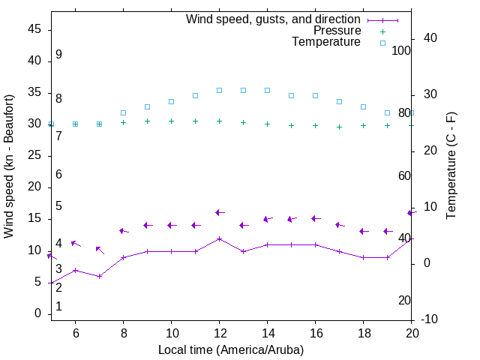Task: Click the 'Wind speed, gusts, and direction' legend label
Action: point(273,19)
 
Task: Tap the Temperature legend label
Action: point(326,42)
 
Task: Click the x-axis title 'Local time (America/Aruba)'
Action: point(231,349)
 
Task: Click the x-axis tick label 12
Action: point(219,333)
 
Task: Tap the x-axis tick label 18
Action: point(363,333)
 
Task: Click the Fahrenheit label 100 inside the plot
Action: point(401,51)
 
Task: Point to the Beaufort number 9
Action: point(58,55)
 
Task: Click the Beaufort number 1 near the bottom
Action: point(58,307)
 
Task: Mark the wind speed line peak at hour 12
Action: point(219,238)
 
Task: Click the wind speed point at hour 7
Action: point(99,276)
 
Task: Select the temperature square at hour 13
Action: point(243,90)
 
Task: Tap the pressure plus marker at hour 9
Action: point(147,121)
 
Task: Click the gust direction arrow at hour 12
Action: point(219,213)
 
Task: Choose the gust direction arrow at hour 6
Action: point(75,244)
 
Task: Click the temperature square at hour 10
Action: point(171,101)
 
